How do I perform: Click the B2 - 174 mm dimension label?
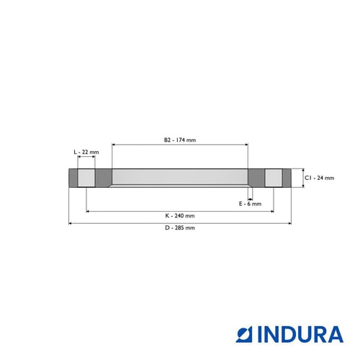[180, 140]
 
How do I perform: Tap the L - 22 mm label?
[86, 152]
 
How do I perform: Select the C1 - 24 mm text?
[319, 178]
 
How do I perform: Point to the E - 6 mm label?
[250, 204]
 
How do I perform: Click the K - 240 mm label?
[180, 215]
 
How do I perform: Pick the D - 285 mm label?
[180, 228]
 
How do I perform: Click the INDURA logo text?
[300, 334]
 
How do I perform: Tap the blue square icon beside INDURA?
[244, 334]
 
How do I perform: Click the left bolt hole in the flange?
[86, 178]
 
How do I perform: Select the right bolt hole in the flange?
[274, 178]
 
